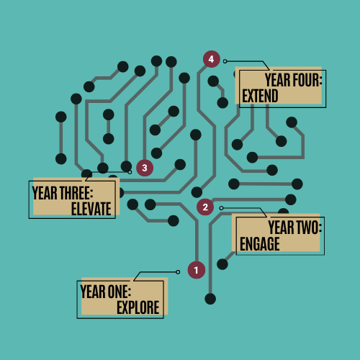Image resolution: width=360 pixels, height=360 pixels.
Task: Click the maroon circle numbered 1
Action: click(197, 270)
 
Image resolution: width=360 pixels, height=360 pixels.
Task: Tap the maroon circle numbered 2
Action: click(205, 207)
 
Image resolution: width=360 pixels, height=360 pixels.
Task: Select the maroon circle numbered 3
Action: click(145, 168)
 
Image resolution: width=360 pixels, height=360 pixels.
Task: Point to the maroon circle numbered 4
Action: click(212, 59)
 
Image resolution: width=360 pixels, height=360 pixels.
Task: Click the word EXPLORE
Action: click(138, 307)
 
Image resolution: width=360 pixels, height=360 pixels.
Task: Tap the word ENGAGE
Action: click(260, 244)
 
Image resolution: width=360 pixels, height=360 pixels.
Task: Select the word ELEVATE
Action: click(91, 209)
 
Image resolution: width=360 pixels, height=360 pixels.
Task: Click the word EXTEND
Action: click(260, 96)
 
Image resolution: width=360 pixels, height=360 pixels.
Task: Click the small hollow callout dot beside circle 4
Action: click(225, 61)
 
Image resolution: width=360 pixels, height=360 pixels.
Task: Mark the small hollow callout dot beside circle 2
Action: click(221, 208)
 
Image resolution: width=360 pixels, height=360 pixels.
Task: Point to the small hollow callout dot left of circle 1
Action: click(178, 272)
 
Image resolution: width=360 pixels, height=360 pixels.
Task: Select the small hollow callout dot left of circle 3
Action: click(130, 172)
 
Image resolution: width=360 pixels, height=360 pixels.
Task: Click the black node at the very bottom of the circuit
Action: click(210, 299)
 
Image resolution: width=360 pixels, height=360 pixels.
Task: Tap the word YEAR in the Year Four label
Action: click(278, 80)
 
